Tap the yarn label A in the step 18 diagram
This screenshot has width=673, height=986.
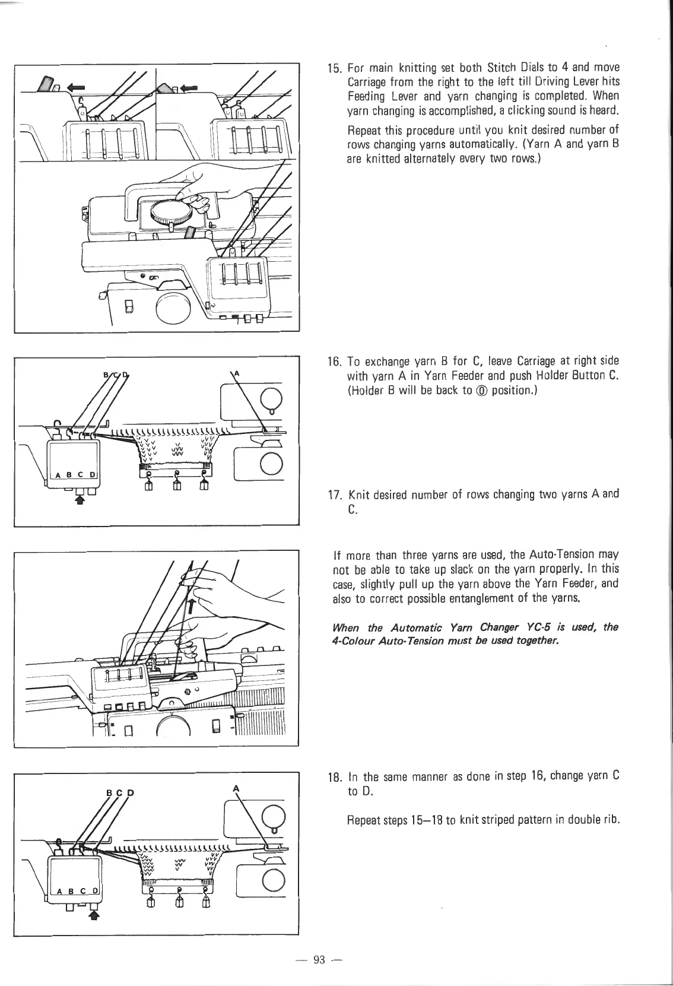coord(237,787)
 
